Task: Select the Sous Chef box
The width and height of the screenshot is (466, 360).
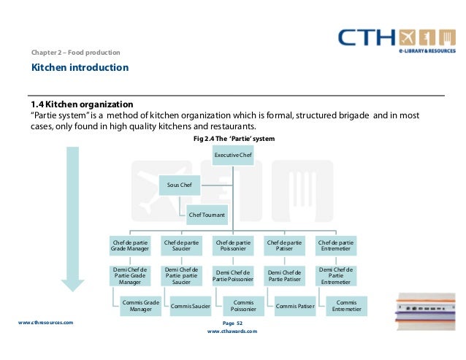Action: click(x=180, y=185)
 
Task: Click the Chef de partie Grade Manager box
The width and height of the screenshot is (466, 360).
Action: click(x=129, y=245)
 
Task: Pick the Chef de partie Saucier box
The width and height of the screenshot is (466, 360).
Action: click(x=181, y=245)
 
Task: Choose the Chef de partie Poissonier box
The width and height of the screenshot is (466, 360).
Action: click(x=233, y=245)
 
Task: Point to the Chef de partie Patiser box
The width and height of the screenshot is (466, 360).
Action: click(x=285, y=245)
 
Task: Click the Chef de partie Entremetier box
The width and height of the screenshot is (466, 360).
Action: click(x=336, y=245)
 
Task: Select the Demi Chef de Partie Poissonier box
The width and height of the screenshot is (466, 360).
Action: click(x=233, y=275)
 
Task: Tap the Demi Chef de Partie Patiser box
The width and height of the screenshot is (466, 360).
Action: click(x=285, y=275)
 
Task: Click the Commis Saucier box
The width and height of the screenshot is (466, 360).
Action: click(x=191, y=306)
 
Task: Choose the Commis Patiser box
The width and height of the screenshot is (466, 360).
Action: click(x=294, y=306)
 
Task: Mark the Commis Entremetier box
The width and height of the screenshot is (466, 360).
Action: click(x=345, y=306)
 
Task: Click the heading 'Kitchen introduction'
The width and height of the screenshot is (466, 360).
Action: click(x=80, y=68)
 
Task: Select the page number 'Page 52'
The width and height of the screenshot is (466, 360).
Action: click(x=232, y=322)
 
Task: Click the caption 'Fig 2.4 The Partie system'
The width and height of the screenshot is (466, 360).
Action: click(x=233, y=138)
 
